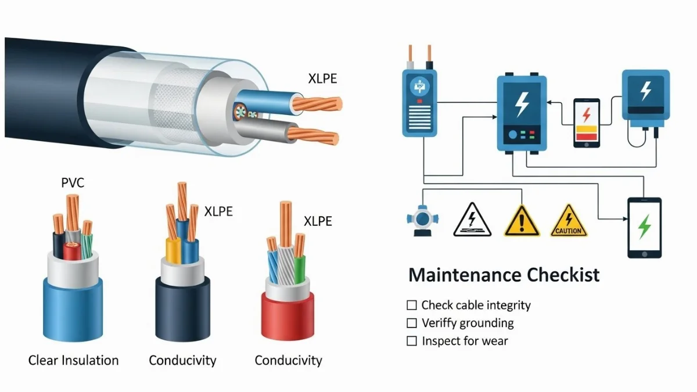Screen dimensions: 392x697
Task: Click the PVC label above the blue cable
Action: (73, 183)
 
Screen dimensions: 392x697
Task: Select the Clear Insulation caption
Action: (73, 360)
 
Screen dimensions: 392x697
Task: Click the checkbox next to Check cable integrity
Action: (412, 305)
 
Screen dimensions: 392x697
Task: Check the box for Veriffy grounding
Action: (412, 323)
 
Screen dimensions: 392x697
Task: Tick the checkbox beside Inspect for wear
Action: (412, 341)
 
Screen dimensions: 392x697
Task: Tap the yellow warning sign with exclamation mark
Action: (522, 221)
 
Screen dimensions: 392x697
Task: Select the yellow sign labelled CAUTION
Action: (569, 221)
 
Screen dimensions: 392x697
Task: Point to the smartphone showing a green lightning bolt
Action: (644, 227)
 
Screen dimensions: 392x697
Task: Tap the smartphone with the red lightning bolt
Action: (586, 123)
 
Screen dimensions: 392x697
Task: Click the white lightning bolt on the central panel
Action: (522, 105)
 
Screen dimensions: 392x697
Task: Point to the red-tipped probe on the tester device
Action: (429, 55)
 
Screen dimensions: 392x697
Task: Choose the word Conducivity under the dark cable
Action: (182, 360)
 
